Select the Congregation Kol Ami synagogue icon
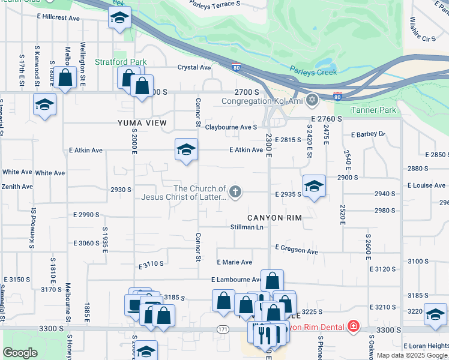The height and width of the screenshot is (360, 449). click(x=312, y=100)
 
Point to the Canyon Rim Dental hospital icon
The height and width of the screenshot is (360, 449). click(x=354, y=327)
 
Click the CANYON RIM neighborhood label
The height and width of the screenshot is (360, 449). click(x=274, y=217)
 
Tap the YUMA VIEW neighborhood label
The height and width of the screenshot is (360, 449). click(x=141, y=123)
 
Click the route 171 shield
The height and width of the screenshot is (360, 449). click(x=223, y=329)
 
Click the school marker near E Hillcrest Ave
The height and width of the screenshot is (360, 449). click(x=119, y=17)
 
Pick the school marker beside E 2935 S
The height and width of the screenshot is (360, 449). click(x=313, y=187)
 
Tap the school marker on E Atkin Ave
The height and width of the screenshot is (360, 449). click(x=186, y=149)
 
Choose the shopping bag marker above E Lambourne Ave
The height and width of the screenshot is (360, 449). click(x=272, y=280)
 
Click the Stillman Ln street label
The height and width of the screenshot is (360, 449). click(x=247, y=227)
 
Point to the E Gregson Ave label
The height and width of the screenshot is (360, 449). click(x=297, y=250)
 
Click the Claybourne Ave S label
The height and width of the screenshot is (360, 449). click(x=231, y=127)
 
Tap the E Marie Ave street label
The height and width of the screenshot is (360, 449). click(x=234, y=262)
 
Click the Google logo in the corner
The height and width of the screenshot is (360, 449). click(x=20, y=353)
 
